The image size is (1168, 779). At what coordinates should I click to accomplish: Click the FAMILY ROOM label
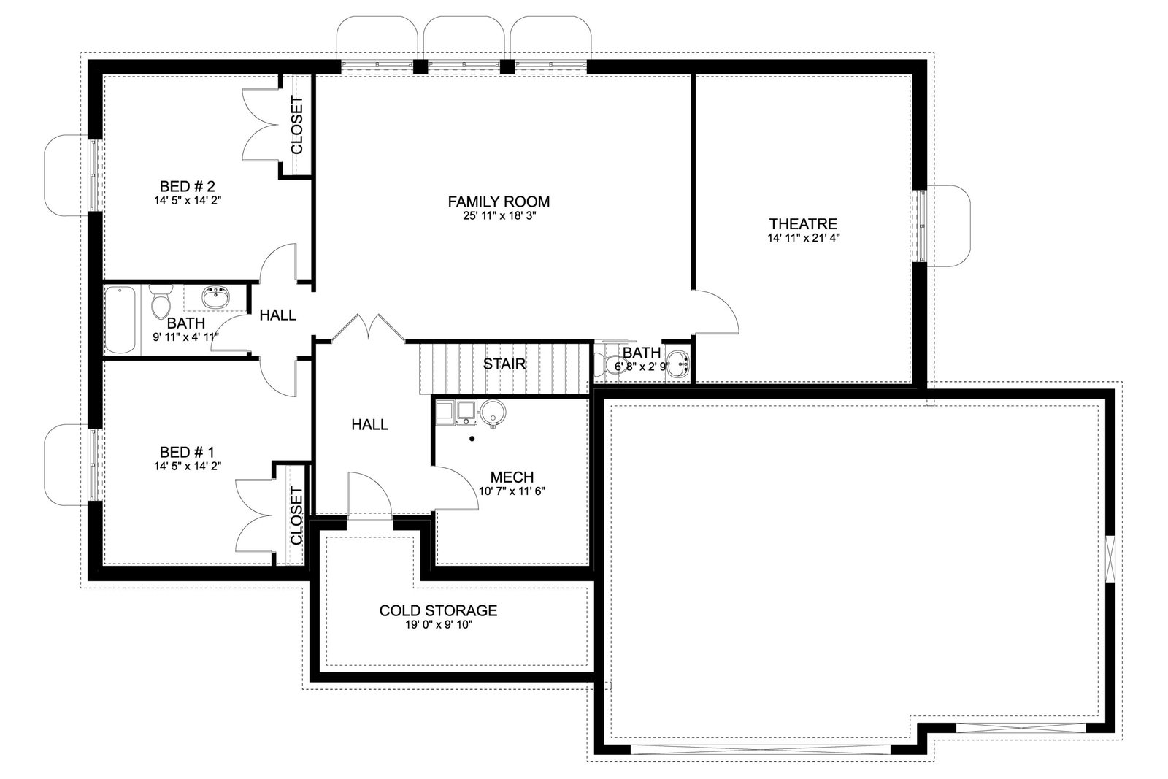click(x=499, y=202)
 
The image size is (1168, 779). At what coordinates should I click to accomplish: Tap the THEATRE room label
click(x=803, y=223)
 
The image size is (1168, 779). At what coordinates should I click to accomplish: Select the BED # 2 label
click(x=187, y=186)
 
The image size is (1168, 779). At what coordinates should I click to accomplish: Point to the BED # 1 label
click(x=187, y=452)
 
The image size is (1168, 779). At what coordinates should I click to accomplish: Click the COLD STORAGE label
click(x=438, y=610)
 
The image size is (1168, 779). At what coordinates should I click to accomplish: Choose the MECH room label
click(x=512, y=477)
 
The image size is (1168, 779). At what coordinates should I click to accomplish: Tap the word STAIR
click(x=504, y=364)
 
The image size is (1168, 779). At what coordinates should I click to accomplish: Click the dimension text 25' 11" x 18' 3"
click(x=499, y=216)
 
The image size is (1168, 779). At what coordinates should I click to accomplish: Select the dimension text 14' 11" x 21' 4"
click(x=804, y=238)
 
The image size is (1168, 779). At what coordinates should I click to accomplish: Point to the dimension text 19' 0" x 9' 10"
click(x=439, y=625)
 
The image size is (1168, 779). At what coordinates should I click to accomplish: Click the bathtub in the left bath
click(x=120, y=321)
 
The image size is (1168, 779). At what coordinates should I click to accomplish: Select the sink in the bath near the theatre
click(x=678, y=364)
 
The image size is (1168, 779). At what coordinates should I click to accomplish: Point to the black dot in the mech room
click(x=472, y=439)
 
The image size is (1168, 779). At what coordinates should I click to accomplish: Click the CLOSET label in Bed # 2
click(x=296, y=125)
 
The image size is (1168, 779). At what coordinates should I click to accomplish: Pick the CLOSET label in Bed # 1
click(x=296, y=515)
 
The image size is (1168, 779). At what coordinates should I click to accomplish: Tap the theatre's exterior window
click(x=921, y=226)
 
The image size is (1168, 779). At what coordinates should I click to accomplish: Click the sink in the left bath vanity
click(x=215, y=298)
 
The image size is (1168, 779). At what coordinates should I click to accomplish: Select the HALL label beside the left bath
click(x=278, y=315)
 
